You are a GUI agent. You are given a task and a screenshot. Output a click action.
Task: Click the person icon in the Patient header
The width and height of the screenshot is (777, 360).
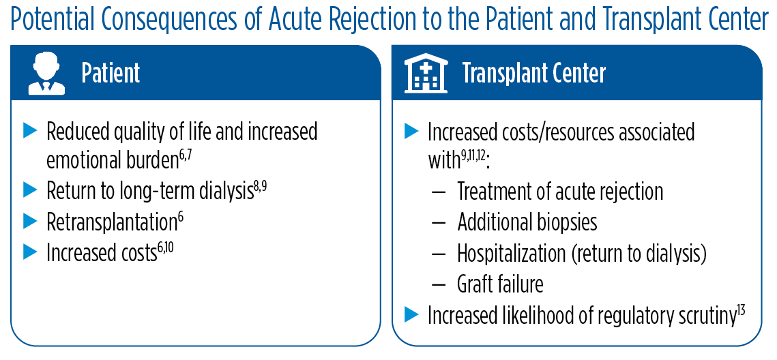(46, 74)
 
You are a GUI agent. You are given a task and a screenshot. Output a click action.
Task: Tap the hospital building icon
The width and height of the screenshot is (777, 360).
(426, 74)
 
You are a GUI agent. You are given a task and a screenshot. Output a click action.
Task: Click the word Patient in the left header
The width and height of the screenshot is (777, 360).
(111, 73)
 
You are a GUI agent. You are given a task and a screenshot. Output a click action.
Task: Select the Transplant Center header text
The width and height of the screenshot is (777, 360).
(533, 73)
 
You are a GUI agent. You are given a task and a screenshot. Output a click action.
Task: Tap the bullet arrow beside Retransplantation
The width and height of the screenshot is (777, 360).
(29, 221)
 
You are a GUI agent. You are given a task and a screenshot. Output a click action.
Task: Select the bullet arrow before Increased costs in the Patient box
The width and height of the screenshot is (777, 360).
(29, 252)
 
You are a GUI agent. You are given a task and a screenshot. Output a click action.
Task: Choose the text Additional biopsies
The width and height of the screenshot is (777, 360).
(527, 222)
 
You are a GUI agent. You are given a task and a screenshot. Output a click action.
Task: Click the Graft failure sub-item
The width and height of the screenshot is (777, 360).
(500, 283)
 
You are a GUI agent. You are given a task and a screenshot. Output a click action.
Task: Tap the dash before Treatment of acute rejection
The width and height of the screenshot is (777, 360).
(439, 192)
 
